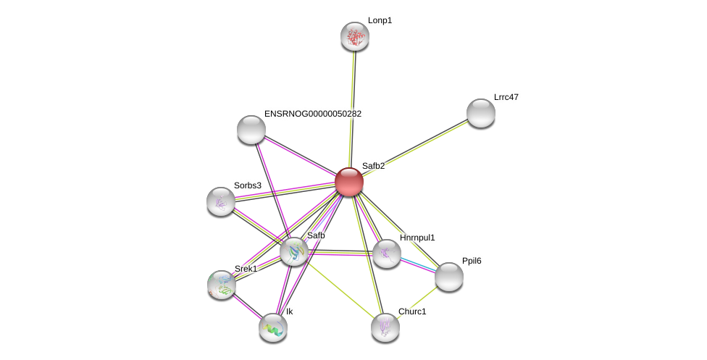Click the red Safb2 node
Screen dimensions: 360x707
(348, 182)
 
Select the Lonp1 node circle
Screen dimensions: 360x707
(355, 36)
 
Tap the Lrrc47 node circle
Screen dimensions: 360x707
(480, 113)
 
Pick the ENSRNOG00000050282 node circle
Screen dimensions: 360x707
(251, 130)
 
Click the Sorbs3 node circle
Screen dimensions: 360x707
(221, 201)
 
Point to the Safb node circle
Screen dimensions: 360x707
(294, 251)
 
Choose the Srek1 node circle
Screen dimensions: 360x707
(222, 285)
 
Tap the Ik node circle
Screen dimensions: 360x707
(273, 327)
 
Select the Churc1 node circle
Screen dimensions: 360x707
(385, 327)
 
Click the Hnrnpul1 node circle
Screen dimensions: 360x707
(386, 254)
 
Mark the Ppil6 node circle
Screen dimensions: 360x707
(448, 277)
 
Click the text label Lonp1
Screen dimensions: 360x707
(380, 21)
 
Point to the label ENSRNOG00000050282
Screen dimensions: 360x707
(313, 114)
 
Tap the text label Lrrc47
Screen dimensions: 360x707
(506, 97)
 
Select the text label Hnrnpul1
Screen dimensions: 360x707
(417, 238)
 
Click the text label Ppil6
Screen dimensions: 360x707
(472, 261)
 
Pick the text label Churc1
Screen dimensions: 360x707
(412, 311)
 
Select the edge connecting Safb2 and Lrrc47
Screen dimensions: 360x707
(414, 148)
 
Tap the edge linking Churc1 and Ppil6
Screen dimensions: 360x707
(417, 301)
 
